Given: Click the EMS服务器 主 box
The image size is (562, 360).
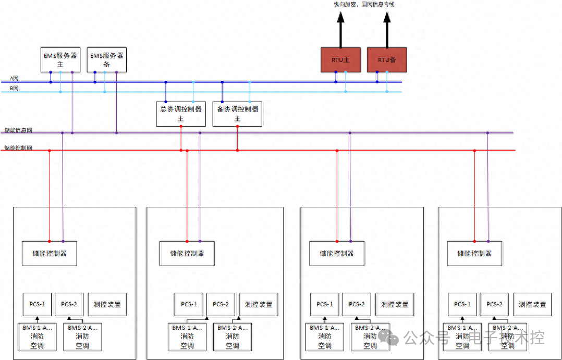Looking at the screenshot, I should coord(60,59).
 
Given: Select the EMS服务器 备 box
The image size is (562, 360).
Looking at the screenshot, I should coord(107,59).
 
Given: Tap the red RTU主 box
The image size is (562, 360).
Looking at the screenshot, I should coord(340,60).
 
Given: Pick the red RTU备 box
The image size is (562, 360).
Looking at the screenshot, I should coord(387,60).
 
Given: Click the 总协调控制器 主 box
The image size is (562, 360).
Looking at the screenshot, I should coord(181,114).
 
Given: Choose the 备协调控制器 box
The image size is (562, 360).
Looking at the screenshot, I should coord(237,114).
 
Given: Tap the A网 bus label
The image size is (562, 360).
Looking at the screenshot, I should coord(15,79).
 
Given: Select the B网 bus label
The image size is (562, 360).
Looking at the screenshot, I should coord(15,89).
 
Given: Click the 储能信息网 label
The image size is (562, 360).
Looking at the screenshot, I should coord(18,130).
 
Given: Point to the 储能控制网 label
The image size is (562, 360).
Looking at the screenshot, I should coord(18,148).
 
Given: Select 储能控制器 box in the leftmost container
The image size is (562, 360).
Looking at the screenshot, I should coord(50,253).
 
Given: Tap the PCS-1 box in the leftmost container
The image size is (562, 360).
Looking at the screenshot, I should coord(37,304).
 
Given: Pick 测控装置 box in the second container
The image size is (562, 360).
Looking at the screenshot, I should coord(259,304).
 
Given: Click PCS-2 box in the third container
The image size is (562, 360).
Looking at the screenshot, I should coord(357,304).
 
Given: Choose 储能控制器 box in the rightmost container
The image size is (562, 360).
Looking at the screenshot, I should coord(474,253).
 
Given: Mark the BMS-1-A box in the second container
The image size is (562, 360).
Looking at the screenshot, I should coord(187,337).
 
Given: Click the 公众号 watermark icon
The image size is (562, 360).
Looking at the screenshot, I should coord(389,337).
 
